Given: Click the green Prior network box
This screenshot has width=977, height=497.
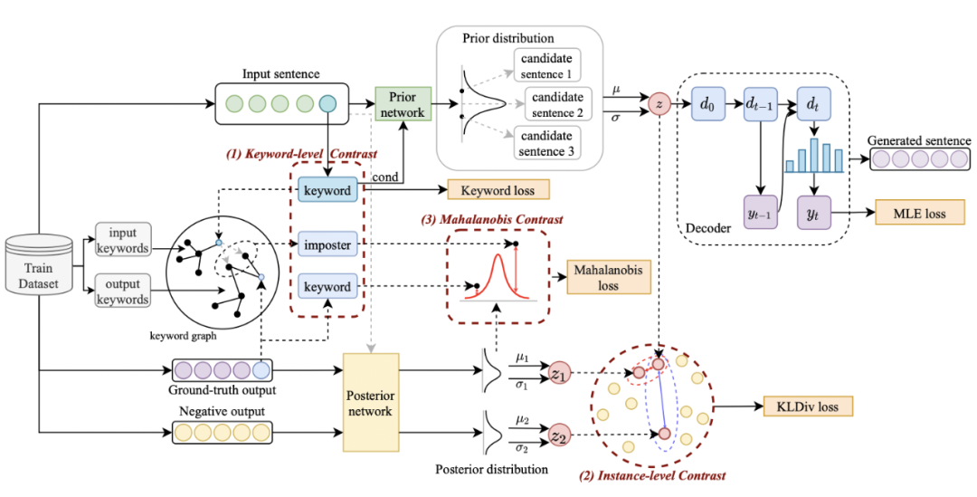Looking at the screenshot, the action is coord(403,104).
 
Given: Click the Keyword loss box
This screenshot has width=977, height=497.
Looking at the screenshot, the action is coord(498,190).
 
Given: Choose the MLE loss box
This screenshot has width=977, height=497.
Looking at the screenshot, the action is coord(920,214).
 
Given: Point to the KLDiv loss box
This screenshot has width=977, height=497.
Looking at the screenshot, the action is coord(808,407).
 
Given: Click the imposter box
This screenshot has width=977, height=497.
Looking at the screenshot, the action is coord(327,245).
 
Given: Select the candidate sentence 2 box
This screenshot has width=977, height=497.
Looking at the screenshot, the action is coord(556,104).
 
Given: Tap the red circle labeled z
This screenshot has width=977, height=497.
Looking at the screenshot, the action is coord(659,104).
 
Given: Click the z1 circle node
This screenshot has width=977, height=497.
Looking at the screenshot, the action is coord(557,376).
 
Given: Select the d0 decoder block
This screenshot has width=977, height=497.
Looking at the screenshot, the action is coord(707,104).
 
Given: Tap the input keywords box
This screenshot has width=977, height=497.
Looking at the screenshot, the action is coord(123,240).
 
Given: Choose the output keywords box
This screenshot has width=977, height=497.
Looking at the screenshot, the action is coord(123,291).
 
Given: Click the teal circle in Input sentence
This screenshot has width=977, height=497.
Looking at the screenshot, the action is coord(327,104).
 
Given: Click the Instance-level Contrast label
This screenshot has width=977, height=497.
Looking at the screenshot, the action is coord(652,476).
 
